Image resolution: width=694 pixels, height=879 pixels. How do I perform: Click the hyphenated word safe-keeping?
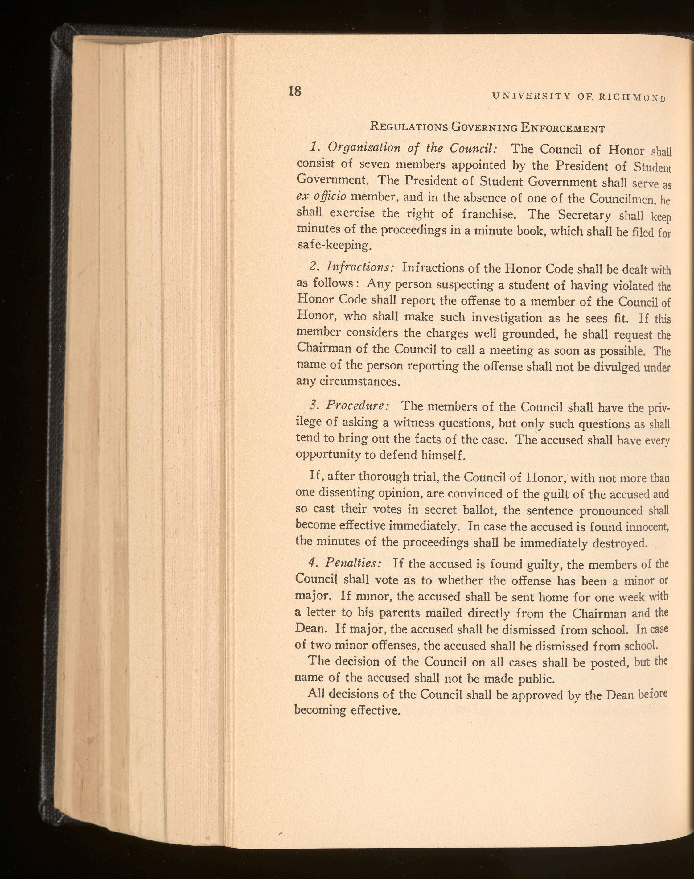click(x=334, y=245)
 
